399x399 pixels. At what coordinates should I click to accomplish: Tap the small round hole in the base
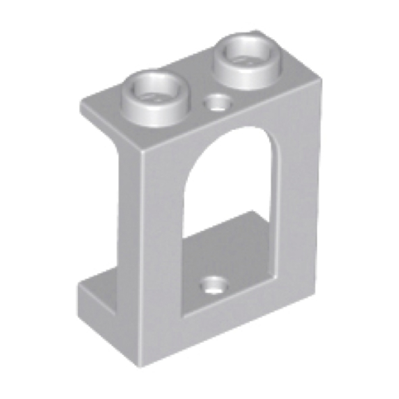[x=214, y=284]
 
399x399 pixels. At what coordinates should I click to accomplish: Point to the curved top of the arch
[x=233, y=128]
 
